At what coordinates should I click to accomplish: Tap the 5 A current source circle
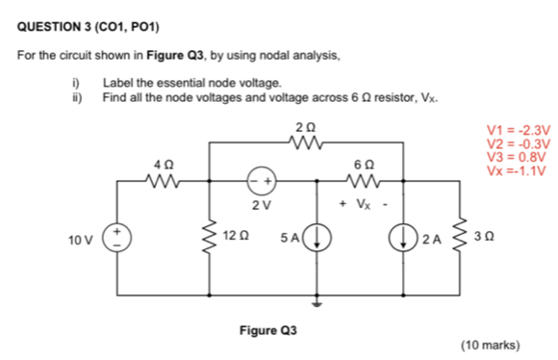[x=319, y=237]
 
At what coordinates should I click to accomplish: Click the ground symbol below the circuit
[x=319, y=299]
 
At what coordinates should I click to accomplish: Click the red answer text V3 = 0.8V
[x=517, y=158]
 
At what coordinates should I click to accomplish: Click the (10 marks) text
[x=491, y=344]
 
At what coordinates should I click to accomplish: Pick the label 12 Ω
[x=237, y=236]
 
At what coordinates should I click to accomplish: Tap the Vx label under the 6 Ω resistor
[x=360, y=203]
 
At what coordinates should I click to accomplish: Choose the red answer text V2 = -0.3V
[x=519, y=144]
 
